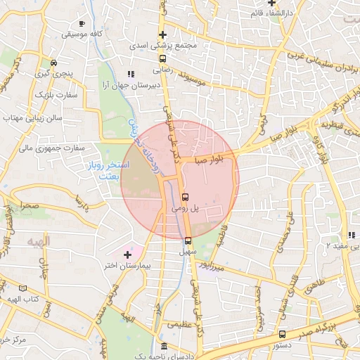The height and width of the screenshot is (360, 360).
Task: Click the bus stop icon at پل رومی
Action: [x=185, y=197]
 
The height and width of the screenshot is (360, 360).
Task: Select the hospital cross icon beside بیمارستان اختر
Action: [x=127, y=254]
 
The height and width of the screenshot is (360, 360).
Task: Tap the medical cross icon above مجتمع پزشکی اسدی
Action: [x=163, y=34]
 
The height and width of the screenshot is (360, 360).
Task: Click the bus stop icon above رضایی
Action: [x=163, y=59]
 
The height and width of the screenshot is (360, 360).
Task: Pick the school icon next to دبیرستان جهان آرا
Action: [x=130, y=72]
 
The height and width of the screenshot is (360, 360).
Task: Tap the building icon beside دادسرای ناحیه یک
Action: [x=164, y=347]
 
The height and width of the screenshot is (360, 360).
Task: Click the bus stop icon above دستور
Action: [x=282, y=335]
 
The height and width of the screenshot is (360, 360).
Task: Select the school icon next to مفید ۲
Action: [x=350, y=235]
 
